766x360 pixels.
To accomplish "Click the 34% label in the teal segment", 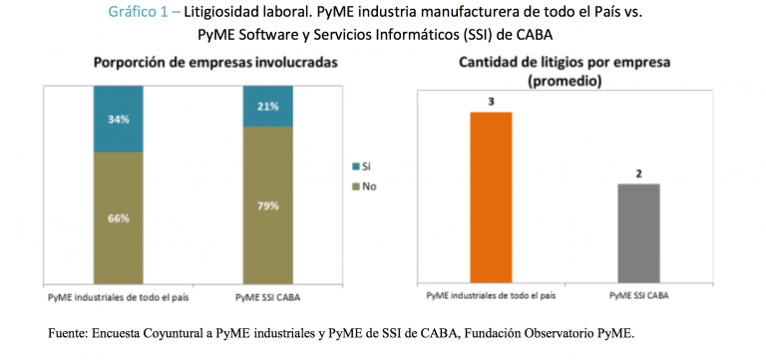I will (118, 120).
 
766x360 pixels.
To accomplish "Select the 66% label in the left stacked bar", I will (118, 218).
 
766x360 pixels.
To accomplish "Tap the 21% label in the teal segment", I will (268, 107).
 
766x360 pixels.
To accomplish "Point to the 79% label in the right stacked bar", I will (268, 206).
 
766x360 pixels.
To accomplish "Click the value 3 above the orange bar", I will (491, 101).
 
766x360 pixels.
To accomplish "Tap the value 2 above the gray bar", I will (638, 174).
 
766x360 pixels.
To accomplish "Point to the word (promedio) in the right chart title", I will (565, 81).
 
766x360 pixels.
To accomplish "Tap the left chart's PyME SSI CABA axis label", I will (268, 297).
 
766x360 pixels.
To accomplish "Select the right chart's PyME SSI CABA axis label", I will (638, 296).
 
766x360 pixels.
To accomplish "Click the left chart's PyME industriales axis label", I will (118, 297).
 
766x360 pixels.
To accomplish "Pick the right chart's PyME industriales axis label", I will (491, 296).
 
